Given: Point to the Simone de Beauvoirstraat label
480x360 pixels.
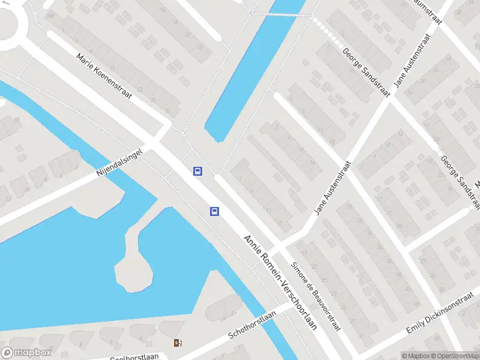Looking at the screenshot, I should click(x=316, y=296).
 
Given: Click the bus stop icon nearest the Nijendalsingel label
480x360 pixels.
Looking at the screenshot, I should click(x=197, y=171).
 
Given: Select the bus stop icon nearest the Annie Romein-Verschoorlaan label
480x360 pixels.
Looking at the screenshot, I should click(x=214, y=211).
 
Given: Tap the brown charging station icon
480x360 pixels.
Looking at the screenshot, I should click(x=178, y=343).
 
